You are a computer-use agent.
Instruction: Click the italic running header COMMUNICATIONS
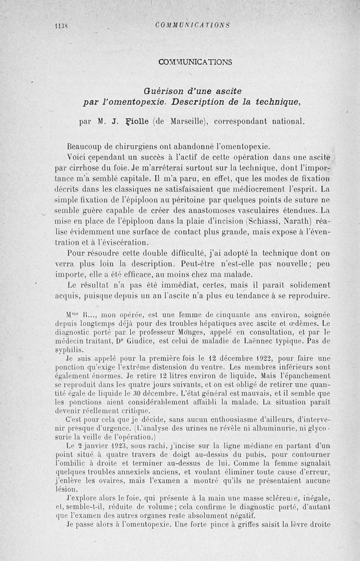click(192, 25)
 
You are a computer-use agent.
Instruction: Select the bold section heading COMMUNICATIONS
click(195, 62)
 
